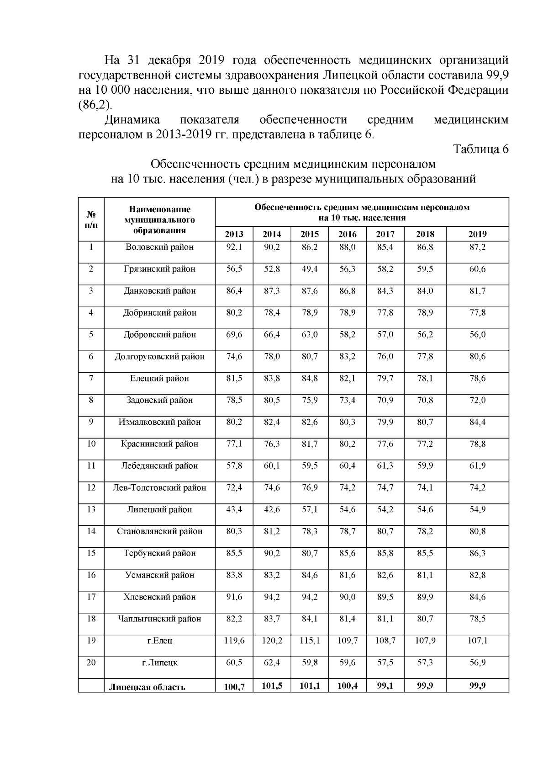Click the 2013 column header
pos(234,234)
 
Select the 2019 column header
pos(477,234)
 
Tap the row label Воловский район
pos(159,247)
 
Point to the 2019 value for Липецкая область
pos(477,685)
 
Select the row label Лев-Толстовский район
pos(159,488)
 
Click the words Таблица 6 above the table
pos(480,149)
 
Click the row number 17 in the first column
pos(91,597)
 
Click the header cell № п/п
pos(91,219)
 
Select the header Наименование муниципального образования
pos(159,219)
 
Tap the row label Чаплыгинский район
pos(159,619)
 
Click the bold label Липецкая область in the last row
pos(147,687)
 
